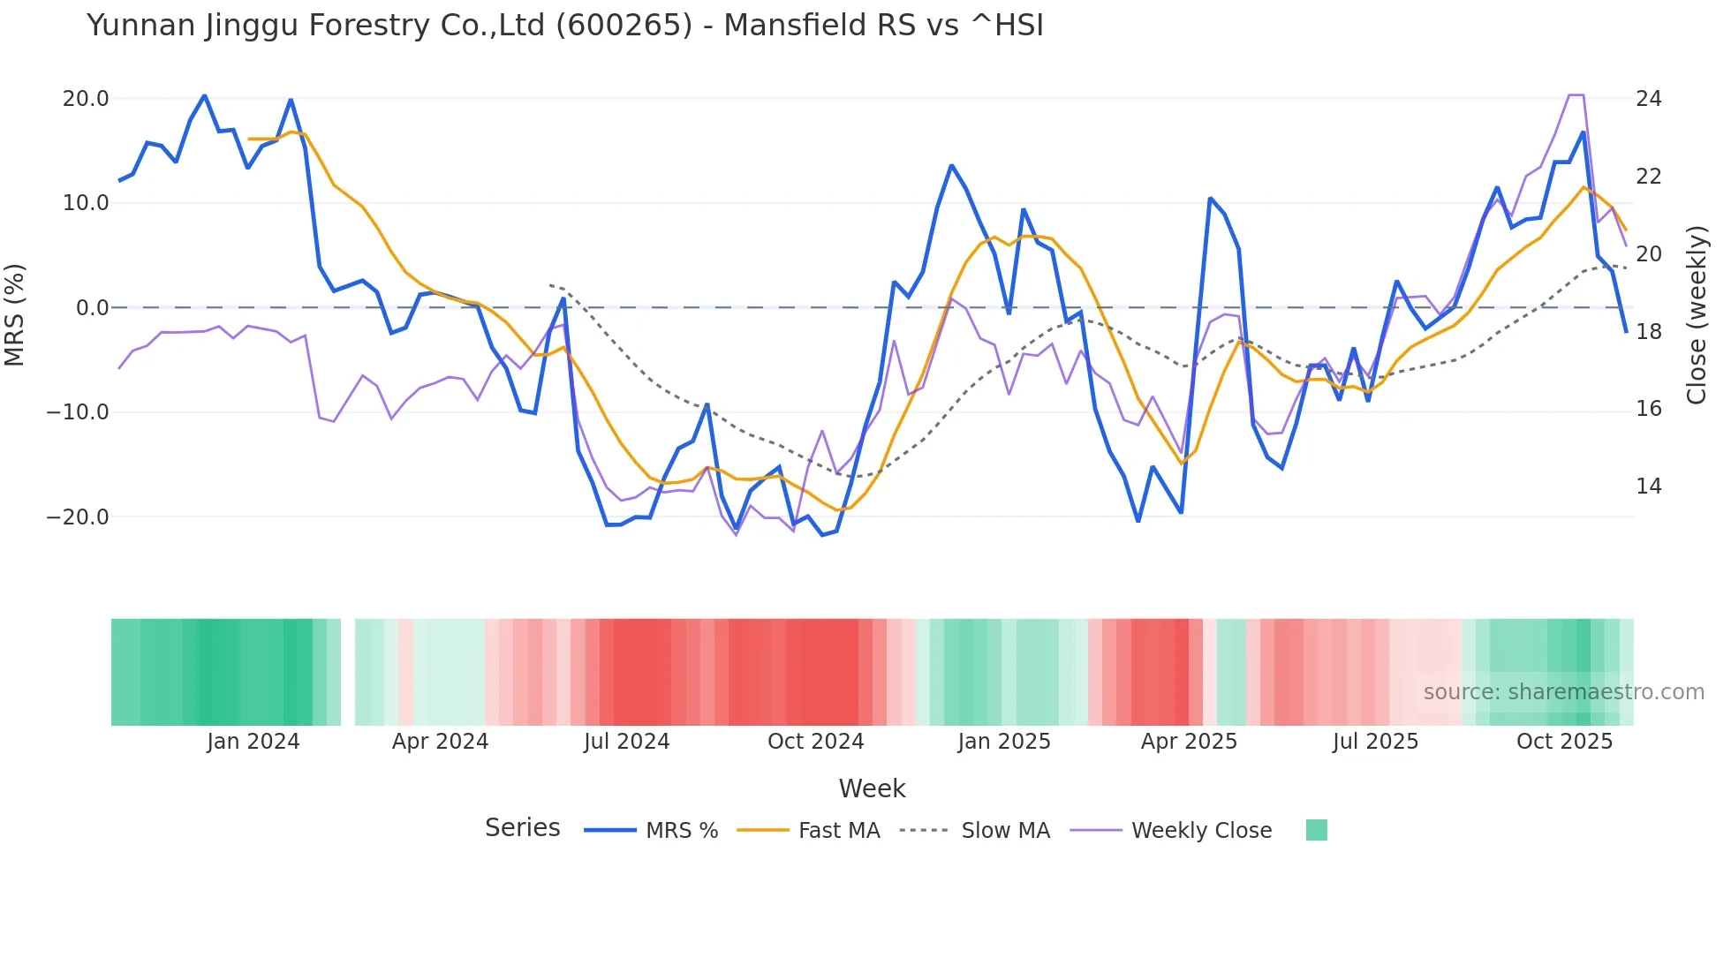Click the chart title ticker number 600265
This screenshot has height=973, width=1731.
click(624, 26)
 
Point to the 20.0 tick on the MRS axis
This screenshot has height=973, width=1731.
click(86, 99)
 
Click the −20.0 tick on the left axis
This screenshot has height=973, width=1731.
click(78, 517)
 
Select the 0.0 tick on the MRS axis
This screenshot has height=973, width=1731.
click(92, 308)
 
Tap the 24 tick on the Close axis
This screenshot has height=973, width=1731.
click(1648, 99)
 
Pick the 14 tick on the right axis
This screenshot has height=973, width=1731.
click(1648, 486)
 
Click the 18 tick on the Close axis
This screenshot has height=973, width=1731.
click(1648, 332)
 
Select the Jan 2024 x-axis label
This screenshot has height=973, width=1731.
click(253, 742)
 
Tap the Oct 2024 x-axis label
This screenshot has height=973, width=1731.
click(815, 742)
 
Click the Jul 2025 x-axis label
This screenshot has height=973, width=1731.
click(1375, 742)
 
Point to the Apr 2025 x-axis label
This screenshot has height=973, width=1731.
click(1189, 742)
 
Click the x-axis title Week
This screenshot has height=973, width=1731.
click(872, 788)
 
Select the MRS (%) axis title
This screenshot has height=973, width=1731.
click(15, 315)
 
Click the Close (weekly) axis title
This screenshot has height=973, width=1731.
click(1696, 315)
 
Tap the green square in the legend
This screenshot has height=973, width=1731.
click(1316, 830)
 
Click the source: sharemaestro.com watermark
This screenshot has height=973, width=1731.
click(1563, 692)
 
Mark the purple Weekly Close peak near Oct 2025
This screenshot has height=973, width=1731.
click(1576, 94)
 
